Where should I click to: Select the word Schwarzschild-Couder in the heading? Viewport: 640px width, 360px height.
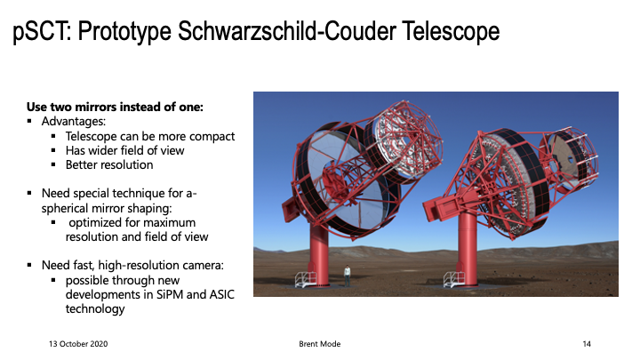287,31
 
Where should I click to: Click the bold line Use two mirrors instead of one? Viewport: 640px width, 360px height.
115,107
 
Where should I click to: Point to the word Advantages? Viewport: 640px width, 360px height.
74,121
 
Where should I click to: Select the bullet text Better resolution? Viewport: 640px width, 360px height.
109,165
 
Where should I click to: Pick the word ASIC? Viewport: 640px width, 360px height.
222,294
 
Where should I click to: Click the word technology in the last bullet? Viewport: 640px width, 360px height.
95,309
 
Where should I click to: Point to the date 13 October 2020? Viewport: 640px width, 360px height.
78,344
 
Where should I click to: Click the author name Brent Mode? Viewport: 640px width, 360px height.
320,344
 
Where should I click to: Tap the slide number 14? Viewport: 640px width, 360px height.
587,344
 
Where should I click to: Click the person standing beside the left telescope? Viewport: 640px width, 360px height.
347,276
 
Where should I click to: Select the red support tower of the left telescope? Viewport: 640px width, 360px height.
319,253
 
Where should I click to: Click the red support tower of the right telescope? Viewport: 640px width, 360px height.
468,249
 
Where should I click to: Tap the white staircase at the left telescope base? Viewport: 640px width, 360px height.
305,280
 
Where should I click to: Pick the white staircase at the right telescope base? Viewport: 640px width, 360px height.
454,280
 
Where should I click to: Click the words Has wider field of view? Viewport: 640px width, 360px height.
125,150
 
